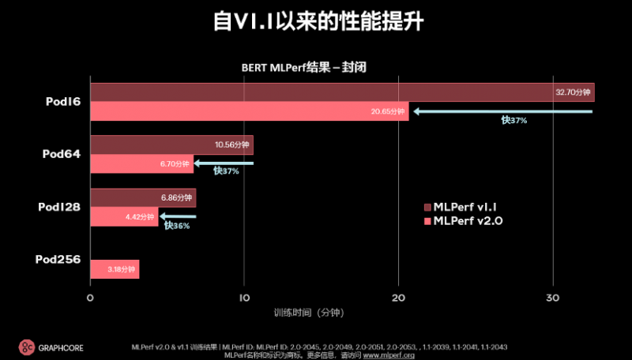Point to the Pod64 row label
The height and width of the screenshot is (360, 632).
62,154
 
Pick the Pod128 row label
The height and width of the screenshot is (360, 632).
59,207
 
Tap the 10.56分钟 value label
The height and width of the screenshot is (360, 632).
232,145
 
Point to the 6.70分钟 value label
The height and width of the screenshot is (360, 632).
174,164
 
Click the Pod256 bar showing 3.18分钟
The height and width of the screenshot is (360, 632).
115,269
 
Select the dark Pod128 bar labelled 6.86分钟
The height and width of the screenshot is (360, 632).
143,197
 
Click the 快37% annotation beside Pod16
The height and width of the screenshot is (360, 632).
513,121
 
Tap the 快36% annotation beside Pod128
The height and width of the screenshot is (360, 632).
177,226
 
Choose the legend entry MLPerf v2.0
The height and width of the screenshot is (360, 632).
468,220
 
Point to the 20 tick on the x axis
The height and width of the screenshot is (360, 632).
399,298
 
